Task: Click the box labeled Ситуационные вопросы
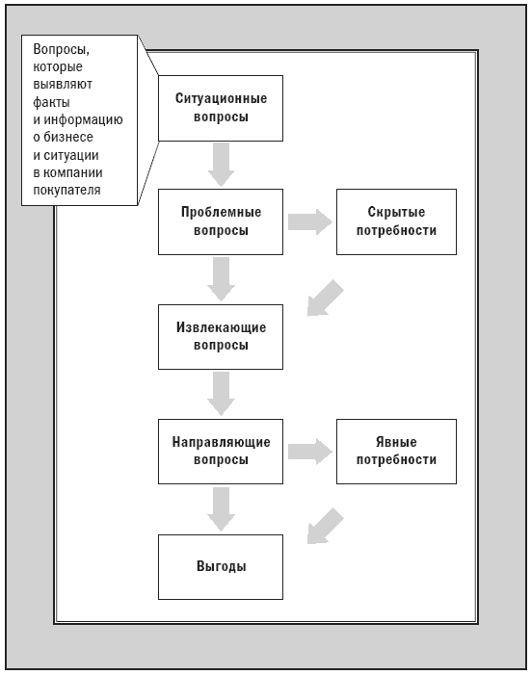(221, 108)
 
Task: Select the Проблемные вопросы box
(221, 221)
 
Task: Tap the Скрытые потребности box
(396, 221)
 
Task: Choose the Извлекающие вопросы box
(221, 337)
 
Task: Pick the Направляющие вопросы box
(221, 452)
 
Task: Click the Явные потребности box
(396, 452)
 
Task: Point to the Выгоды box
(221, 566)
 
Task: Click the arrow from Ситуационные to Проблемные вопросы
(221, 165)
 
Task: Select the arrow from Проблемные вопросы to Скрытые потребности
(310, 221)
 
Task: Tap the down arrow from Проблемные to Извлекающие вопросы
(221, 279)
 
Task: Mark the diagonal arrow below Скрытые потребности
(325, 299)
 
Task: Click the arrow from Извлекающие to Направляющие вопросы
(221, 394)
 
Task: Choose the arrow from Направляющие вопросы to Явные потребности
(310, 452)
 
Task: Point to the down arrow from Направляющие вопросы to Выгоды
(221, 508)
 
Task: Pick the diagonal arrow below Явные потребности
(325, 526)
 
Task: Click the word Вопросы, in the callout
(62, 49)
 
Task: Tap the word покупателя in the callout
(66, 190)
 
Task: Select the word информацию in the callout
(83, 119)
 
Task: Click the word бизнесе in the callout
(68, 137)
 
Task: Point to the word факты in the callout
(51, 102)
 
